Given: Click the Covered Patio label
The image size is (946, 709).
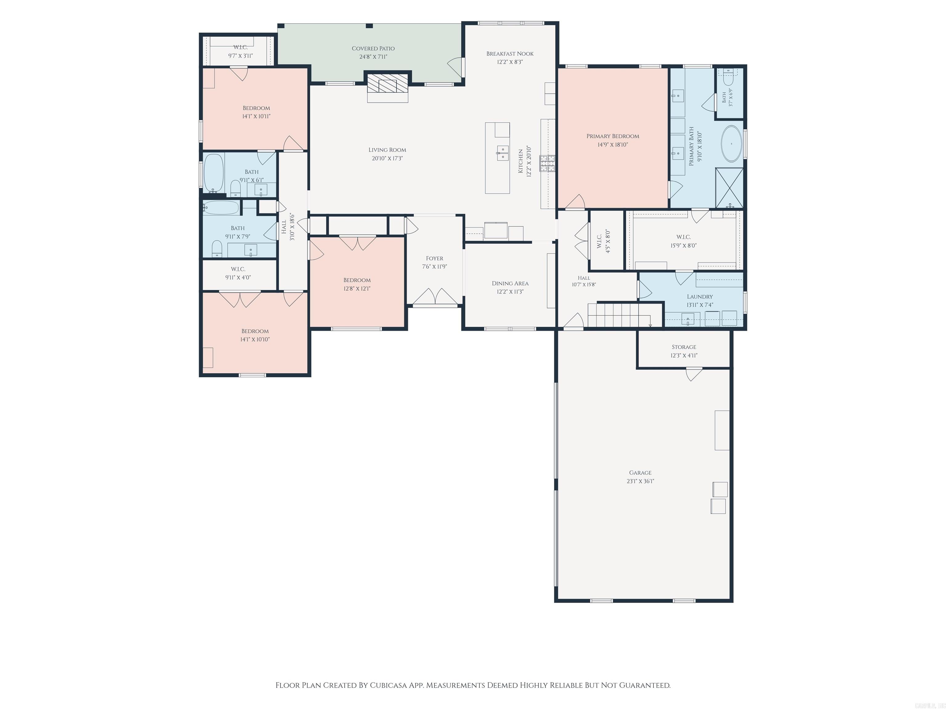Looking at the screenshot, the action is (373, 49).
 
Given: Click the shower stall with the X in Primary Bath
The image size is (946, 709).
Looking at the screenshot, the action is (730, 188).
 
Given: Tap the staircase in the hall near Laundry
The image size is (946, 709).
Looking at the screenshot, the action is (619, 315).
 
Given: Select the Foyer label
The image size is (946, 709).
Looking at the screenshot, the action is (435, 258).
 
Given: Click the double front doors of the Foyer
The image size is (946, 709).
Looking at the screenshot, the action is (435, 298).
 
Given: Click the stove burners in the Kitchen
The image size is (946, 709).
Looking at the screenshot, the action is (548, 164).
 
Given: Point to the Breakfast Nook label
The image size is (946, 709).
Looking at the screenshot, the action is (510, 54).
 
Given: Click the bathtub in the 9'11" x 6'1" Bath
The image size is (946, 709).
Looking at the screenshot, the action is (214, 173).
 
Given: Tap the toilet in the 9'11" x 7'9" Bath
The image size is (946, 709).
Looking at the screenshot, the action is (217, 249).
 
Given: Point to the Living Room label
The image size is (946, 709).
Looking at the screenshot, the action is (387, 150).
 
